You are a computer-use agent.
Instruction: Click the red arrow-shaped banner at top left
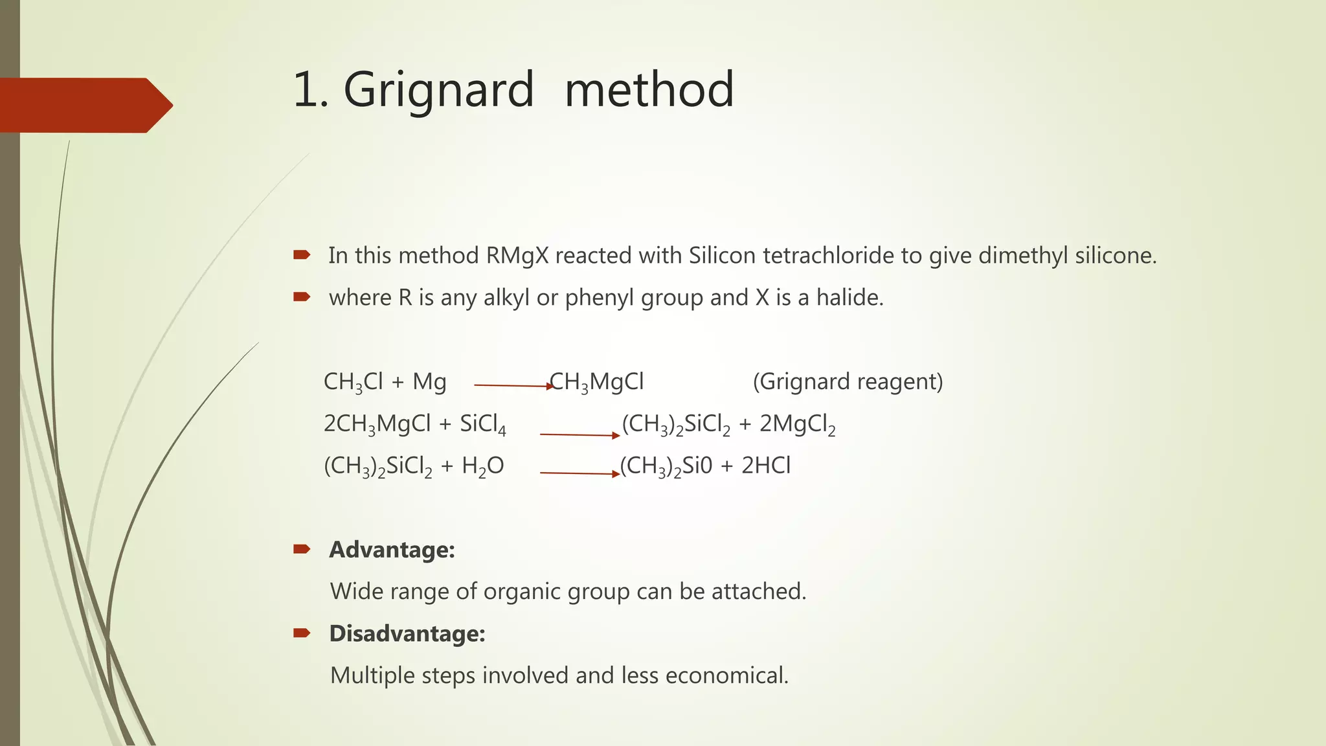click(84, 105)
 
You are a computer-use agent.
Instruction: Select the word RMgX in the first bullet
click(517, 256)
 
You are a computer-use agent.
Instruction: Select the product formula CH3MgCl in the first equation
click(597, 382)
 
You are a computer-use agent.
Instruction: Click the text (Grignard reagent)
click(848, 382)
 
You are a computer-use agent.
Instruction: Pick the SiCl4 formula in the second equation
click(483, 424)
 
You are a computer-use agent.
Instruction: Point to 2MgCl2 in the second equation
click(797, 424)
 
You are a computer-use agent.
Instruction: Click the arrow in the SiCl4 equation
click(579, 435)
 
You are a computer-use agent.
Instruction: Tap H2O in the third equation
click(482, 466)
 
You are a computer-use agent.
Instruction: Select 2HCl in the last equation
click(766, 466)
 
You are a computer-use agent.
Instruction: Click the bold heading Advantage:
click(392, 550)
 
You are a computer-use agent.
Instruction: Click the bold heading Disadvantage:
click(407, 633)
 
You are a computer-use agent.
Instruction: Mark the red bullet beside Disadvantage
click(302, 633)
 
